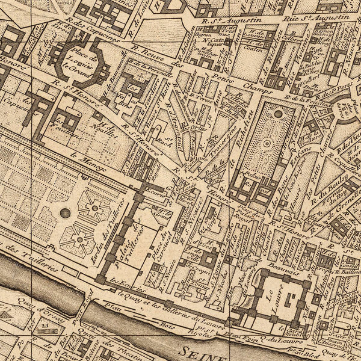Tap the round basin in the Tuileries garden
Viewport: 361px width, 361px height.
tap(65, 213)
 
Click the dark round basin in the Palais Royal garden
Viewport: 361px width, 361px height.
tap(278, 113)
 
